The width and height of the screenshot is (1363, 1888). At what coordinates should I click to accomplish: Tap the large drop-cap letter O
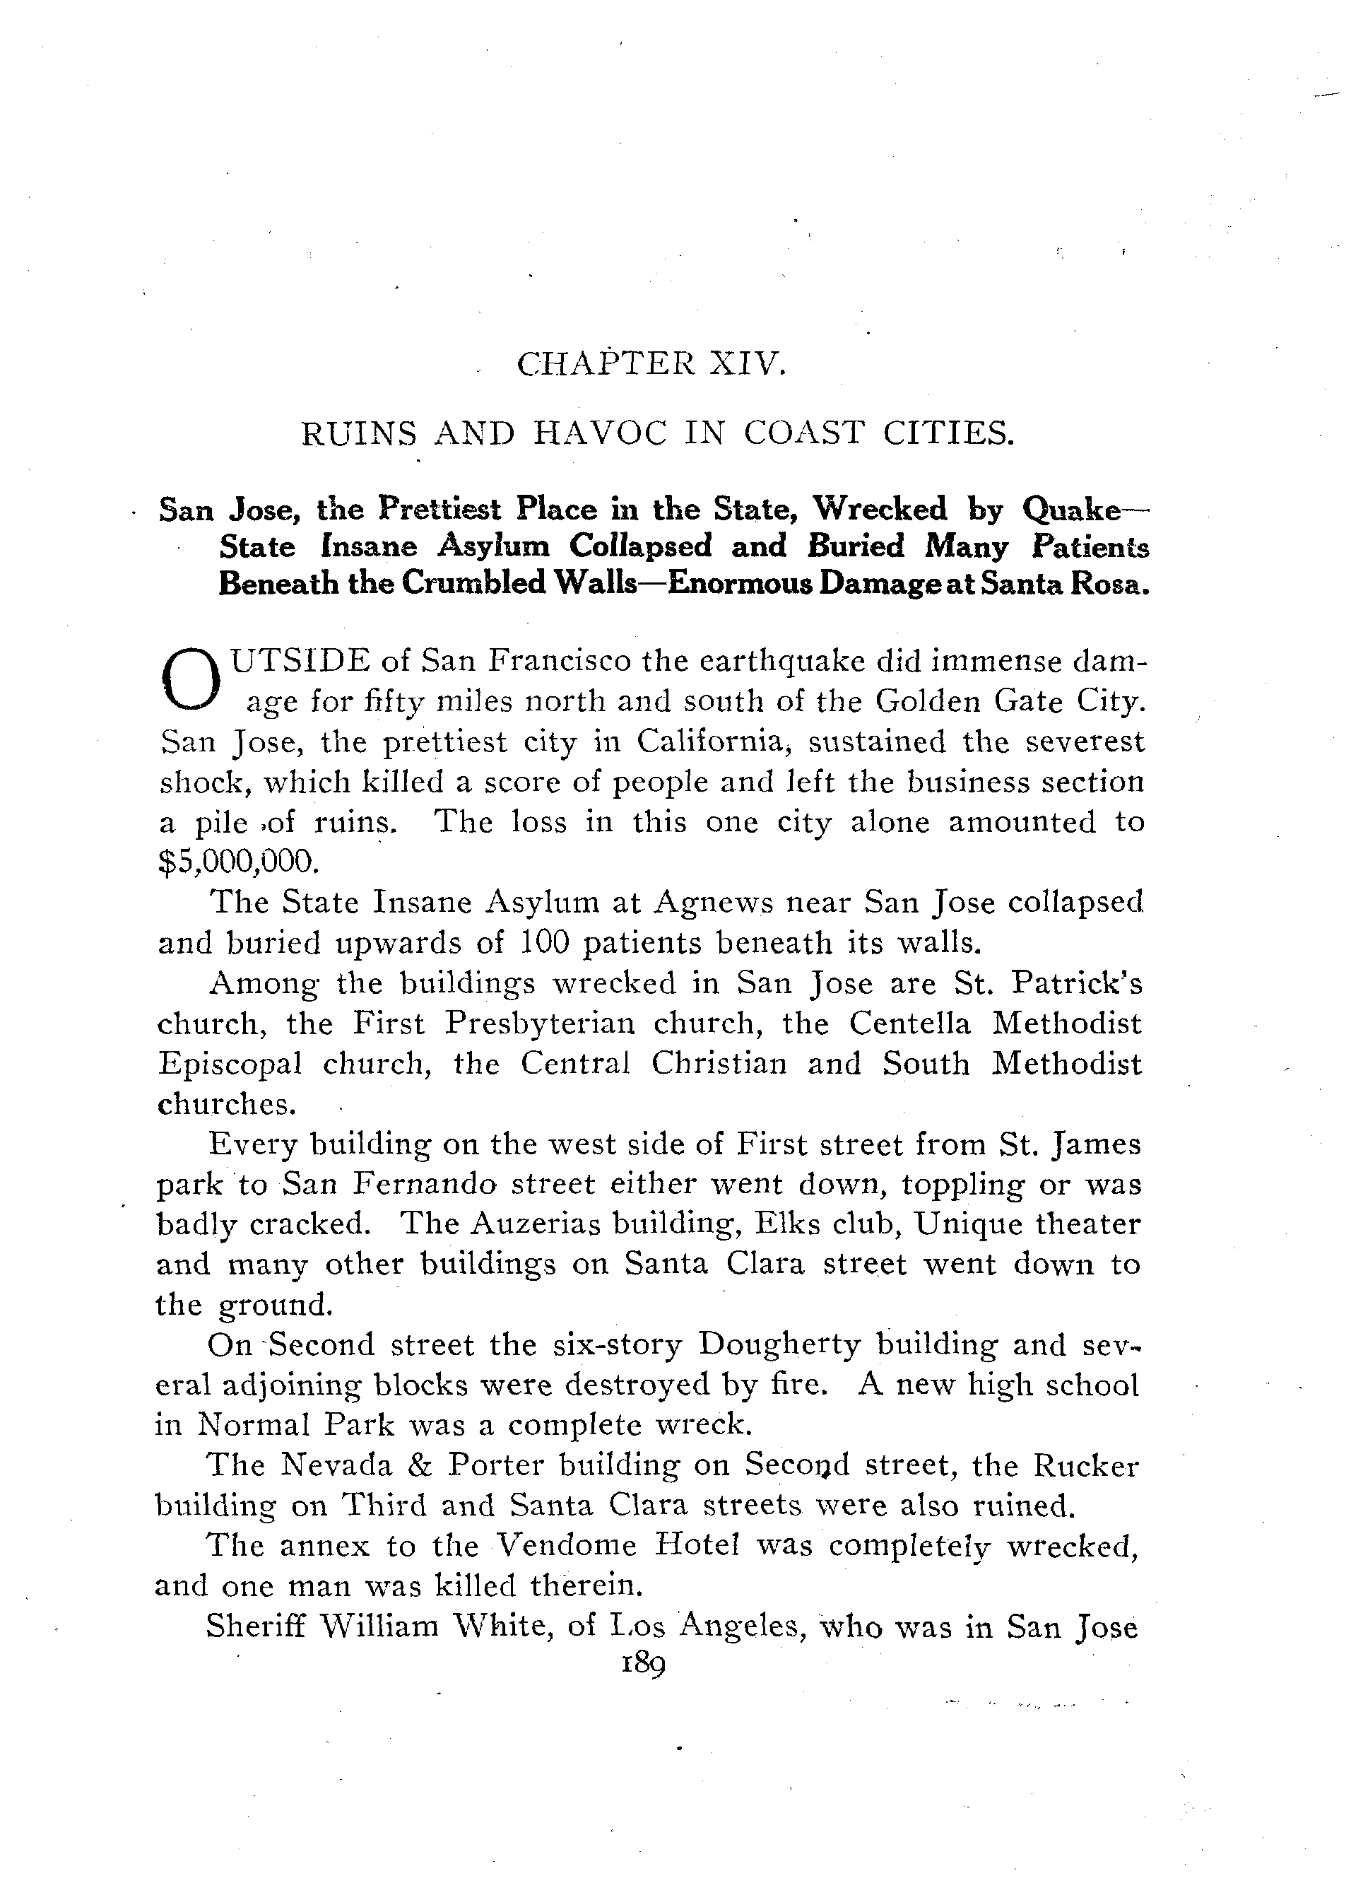point(192,680)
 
